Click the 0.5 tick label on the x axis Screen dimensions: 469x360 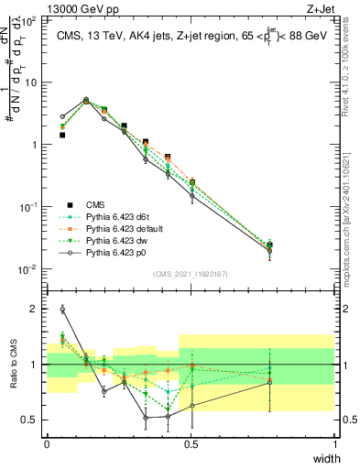click(x=191, y=444)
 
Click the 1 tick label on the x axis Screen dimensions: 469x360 click(x=334, y=444)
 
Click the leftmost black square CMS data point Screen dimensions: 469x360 click(x=62, y=135)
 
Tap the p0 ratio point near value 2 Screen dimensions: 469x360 click(x=62, y=309)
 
